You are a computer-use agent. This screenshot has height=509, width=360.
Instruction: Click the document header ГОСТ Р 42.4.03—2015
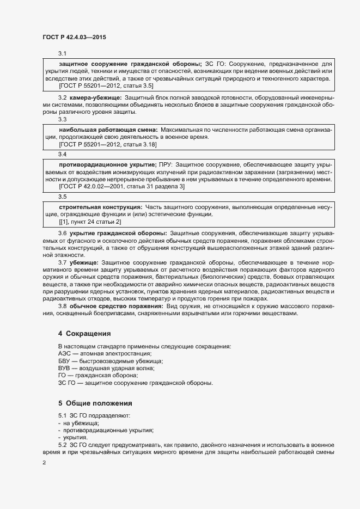tap(74, 38)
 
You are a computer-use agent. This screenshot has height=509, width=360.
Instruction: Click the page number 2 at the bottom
tap(44, 463)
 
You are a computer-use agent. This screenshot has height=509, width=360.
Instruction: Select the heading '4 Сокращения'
tap(84, 333)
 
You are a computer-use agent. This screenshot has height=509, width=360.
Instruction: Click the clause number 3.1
tap(62, 53)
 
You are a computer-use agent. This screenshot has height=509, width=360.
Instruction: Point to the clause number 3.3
tap(62, 119)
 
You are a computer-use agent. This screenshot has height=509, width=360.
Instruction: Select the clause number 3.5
tap(62, 196)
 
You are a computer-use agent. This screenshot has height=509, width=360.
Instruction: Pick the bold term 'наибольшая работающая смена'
tap(108, 130)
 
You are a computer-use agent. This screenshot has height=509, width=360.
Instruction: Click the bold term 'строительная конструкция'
tap(101, 207)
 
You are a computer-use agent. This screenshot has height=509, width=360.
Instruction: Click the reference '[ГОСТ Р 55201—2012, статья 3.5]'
tap(106, 85)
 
